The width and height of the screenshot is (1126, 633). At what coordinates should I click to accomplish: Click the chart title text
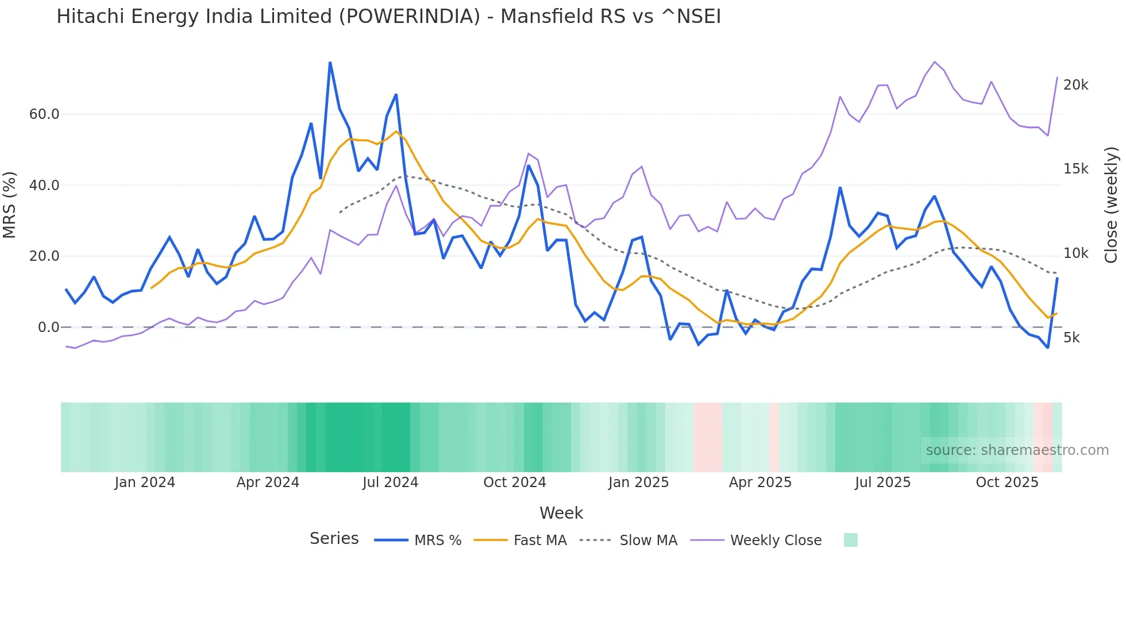point(388,17)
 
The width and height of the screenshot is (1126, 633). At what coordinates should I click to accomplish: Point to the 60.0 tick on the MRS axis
point(44,114)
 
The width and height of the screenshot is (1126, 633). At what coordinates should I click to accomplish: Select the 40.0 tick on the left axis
point(44,185)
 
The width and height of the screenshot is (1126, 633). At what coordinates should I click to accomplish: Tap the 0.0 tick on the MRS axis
point(48,327)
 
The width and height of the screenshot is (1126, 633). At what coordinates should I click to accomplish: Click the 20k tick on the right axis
point(1075,85)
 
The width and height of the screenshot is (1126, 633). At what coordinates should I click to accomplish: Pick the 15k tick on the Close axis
point(1075,169)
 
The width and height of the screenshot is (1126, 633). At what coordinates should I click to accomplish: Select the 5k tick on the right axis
point(1071,338)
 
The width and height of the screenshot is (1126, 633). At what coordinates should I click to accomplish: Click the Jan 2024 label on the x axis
point(145,483)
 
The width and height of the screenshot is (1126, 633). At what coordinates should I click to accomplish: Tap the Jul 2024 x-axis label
point(390,483)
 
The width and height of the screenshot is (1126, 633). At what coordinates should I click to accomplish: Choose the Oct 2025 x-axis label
point(1007,483)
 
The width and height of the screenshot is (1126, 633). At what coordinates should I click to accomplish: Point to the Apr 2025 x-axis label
point(759,483)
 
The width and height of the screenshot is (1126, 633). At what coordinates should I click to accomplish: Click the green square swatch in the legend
point(850,540)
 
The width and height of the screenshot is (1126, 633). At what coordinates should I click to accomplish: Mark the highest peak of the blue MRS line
point(330,63)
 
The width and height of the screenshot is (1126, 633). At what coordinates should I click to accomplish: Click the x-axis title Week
point(561,513)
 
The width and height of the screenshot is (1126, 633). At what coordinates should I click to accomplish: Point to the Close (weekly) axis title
point(1111,205)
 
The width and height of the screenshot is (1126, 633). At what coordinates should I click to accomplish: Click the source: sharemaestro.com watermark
point(1017,450)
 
